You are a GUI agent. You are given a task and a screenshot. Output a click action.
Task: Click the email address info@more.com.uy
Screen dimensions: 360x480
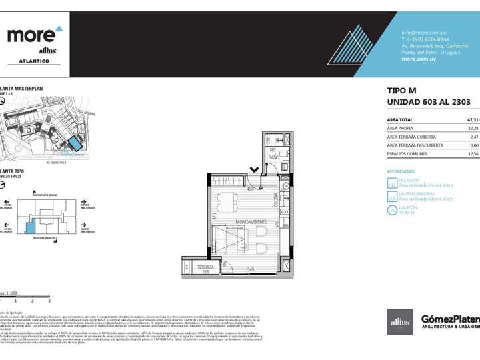424,33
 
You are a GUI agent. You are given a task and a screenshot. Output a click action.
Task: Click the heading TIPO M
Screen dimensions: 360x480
401,91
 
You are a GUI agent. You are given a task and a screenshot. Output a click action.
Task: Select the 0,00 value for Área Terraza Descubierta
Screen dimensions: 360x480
474,145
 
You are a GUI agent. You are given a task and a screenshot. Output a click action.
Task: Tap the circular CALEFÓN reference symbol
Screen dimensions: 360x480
392,210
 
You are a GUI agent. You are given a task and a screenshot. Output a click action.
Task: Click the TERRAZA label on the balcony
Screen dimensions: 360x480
205,267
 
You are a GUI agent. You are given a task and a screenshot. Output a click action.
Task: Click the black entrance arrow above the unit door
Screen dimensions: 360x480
254,170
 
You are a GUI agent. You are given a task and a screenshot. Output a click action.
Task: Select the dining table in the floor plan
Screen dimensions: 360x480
229,201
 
